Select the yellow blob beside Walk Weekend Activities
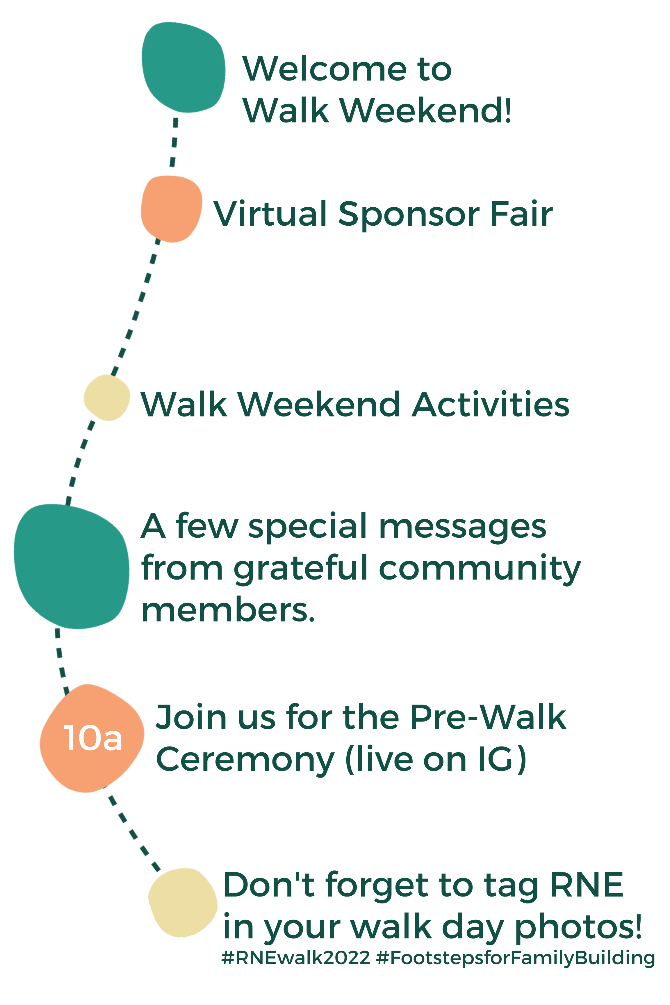[x=107, y=398]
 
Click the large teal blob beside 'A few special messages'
[x=71, y=566]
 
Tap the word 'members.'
[x=228, y=610]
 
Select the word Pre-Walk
[x=488, y=717]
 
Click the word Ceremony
[x=245, y=761]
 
